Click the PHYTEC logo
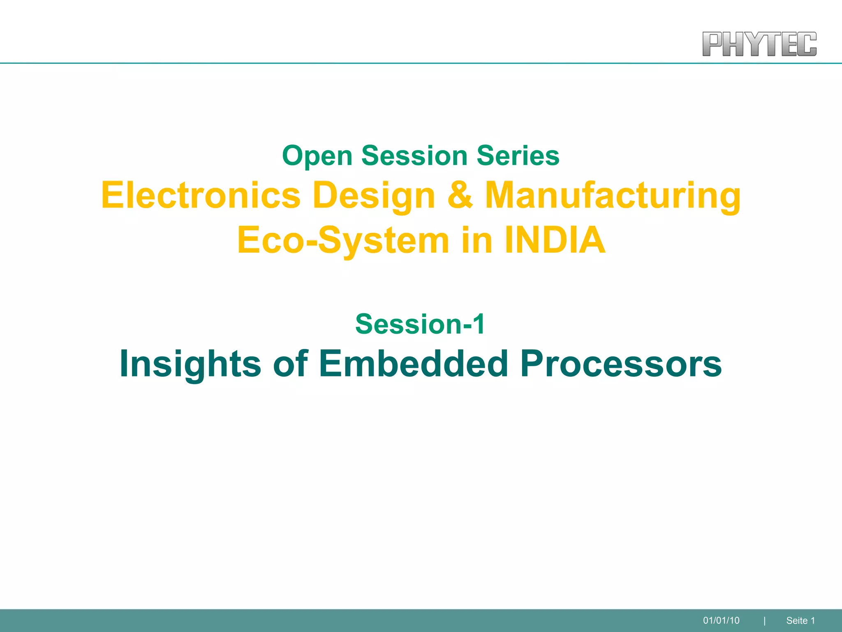coord(759,44)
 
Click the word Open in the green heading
coord(317,156)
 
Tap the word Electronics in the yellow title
coord(201,195)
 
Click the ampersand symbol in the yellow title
coord(460,195)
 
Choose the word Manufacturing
coord(613,196)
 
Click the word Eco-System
coord(343,240)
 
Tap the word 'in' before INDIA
coord(477,240)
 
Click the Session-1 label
coord(420,324)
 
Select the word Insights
coord(190,364)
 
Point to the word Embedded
coord(413,363)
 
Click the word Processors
coord(621,364)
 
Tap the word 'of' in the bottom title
coord(290,363)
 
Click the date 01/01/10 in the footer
coord(721,620)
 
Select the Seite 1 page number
coord(800,620)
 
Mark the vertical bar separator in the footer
coord(764,620)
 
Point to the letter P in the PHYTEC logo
coord(713,44)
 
